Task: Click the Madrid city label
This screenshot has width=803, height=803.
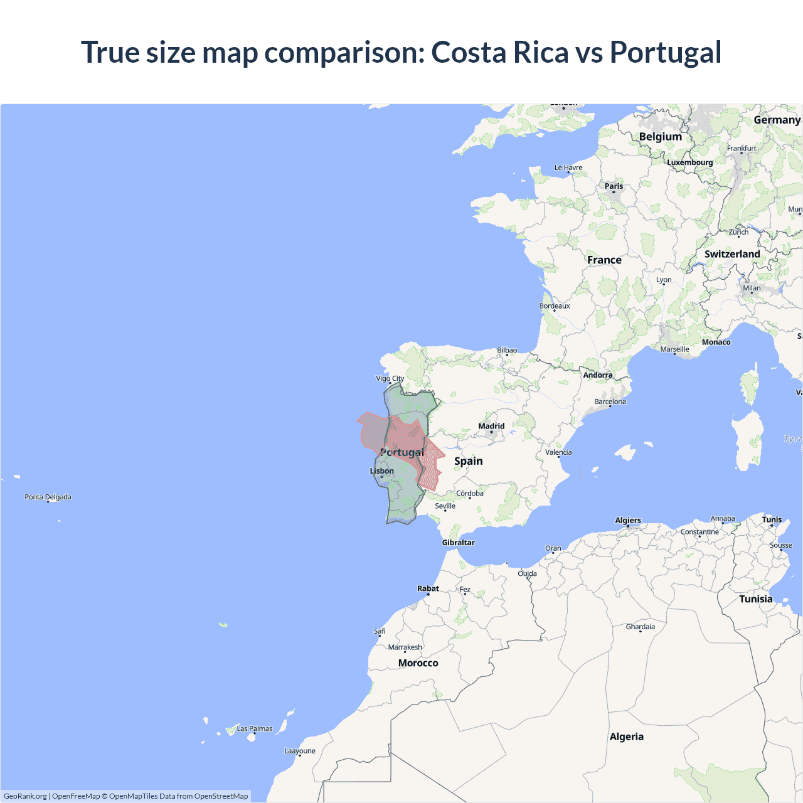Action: point(491,426)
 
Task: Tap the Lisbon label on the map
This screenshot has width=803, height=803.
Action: point(382,471)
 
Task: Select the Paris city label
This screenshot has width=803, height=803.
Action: point(614,186)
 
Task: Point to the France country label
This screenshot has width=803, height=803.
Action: point(604,260)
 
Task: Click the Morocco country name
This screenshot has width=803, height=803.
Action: point(418,663)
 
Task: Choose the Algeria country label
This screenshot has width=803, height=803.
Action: point(626,737)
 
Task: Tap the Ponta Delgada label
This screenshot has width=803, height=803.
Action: point(48,497)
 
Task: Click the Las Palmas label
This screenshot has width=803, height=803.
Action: point(254,728)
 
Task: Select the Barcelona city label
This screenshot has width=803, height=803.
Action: point(610,401)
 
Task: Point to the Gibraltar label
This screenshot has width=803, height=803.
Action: point(458,543)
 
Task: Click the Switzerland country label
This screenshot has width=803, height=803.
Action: point(732,254)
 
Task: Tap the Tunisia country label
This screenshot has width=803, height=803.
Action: point(755,599)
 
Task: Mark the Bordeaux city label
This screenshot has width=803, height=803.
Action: point(555,306)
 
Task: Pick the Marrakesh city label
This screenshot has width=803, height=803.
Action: point(405,647)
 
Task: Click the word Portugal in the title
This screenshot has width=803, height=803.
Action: point(666,52)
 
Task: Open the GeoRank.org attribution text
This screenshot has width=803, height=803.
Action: point(25,796)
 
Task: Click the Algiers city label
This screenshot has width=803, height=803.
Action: point(628,520)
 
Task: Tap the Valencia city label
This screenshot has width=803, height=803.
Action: point(558,452)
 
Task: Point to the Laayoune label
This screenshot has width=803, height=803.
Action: point(300,751)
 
